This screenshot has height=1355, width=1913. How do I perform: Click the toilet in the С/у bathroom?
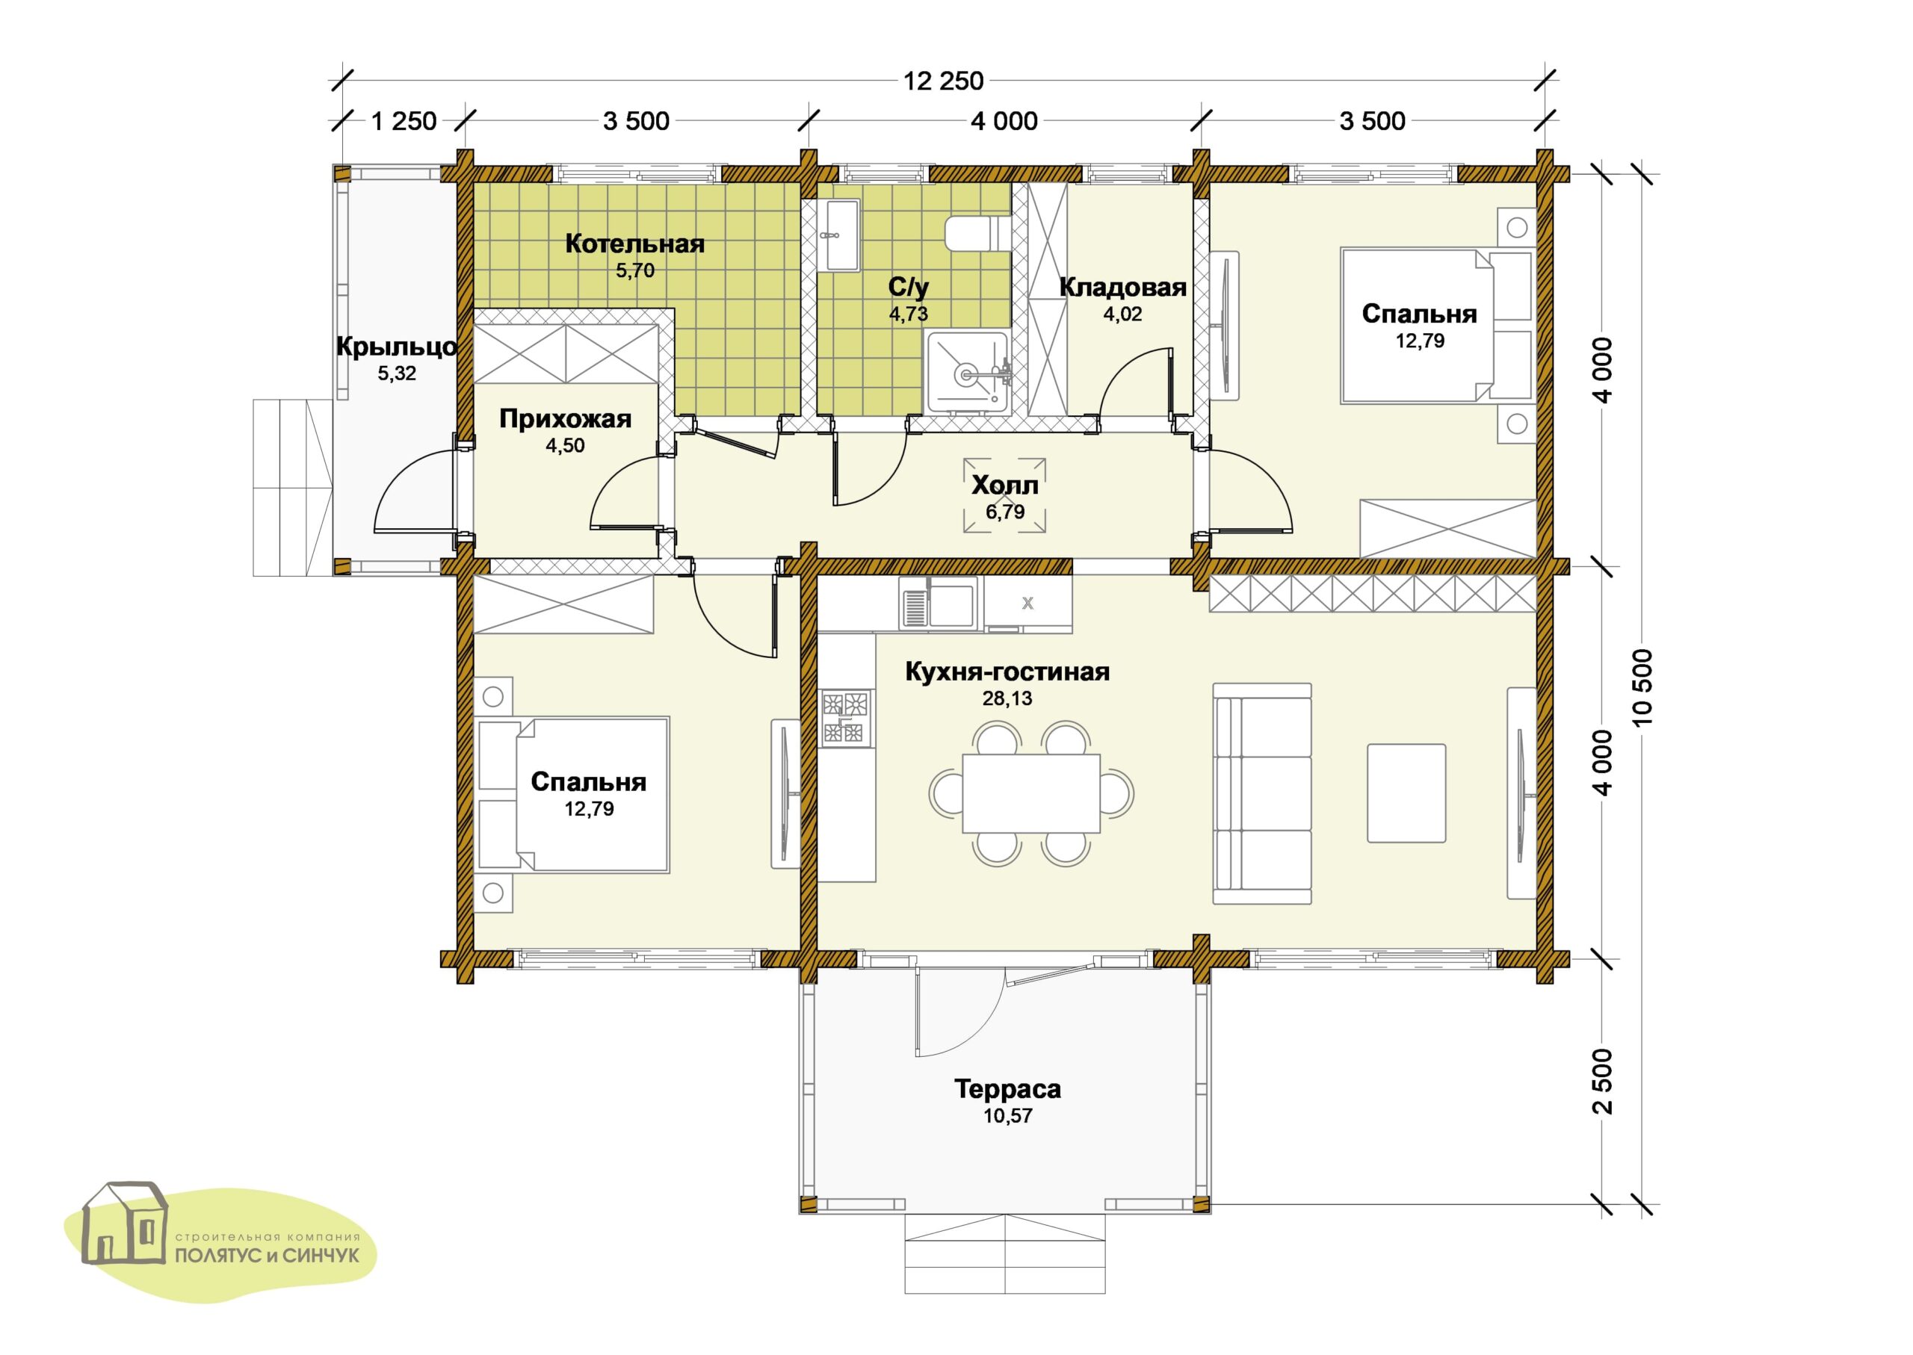point(978,233)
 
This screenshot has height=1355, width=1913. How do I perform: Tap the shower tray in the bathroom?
point(968,372)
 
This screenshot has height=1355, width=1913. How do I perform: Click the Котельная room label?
point(634,244)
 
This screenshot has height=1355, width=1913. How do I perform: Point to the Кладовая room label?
point(1122,287)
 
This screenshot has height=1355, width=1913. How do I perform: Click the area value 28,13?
point(1007,698)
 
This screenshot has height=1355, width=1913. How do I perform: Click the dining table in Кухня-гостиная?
point(1030,793)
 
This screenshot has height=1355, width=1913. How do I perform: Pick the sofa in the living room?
point(1262,793)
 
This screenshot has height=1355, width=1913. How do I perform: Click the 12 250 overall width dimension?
point(943,81)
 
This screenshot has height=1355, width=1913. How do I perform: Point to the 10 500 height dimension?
point(1641,686)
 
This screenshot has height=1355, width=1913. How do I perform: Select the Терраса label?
point(1007,1089)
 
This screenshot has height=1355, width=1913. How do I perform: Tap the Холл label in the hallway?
point(1005,485)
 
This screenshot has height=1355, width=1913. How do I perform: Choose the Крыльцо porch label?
point(397,347)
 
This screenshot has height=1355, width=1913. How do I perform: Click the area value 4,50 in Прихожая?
point(565,445)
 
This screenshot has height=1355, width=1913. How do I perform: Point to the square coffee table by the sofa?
point(1406,793)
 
